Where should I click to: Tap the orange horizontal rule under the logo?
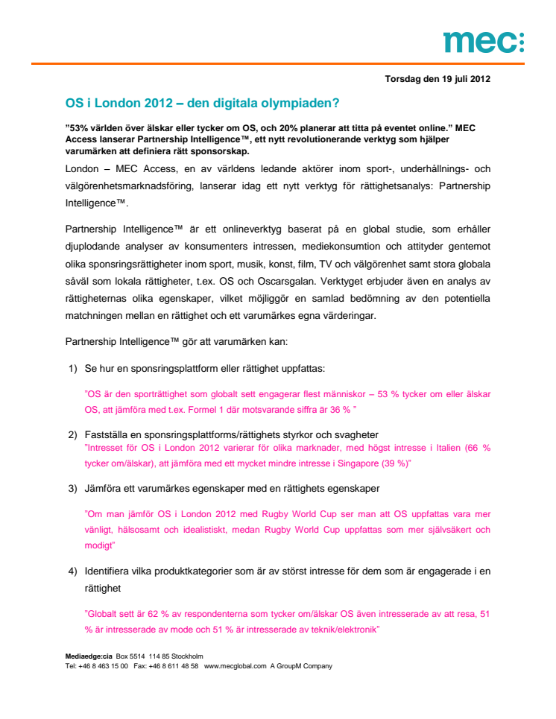(x=277, y=64)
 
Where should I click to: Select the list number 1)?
(x=73, y=368)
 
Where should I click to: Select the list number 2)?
(x=73, y=434)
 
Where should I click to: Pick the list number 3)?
(x=73, y=488)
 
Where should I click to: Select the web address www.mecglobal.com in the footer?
(x=235, y=665)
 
